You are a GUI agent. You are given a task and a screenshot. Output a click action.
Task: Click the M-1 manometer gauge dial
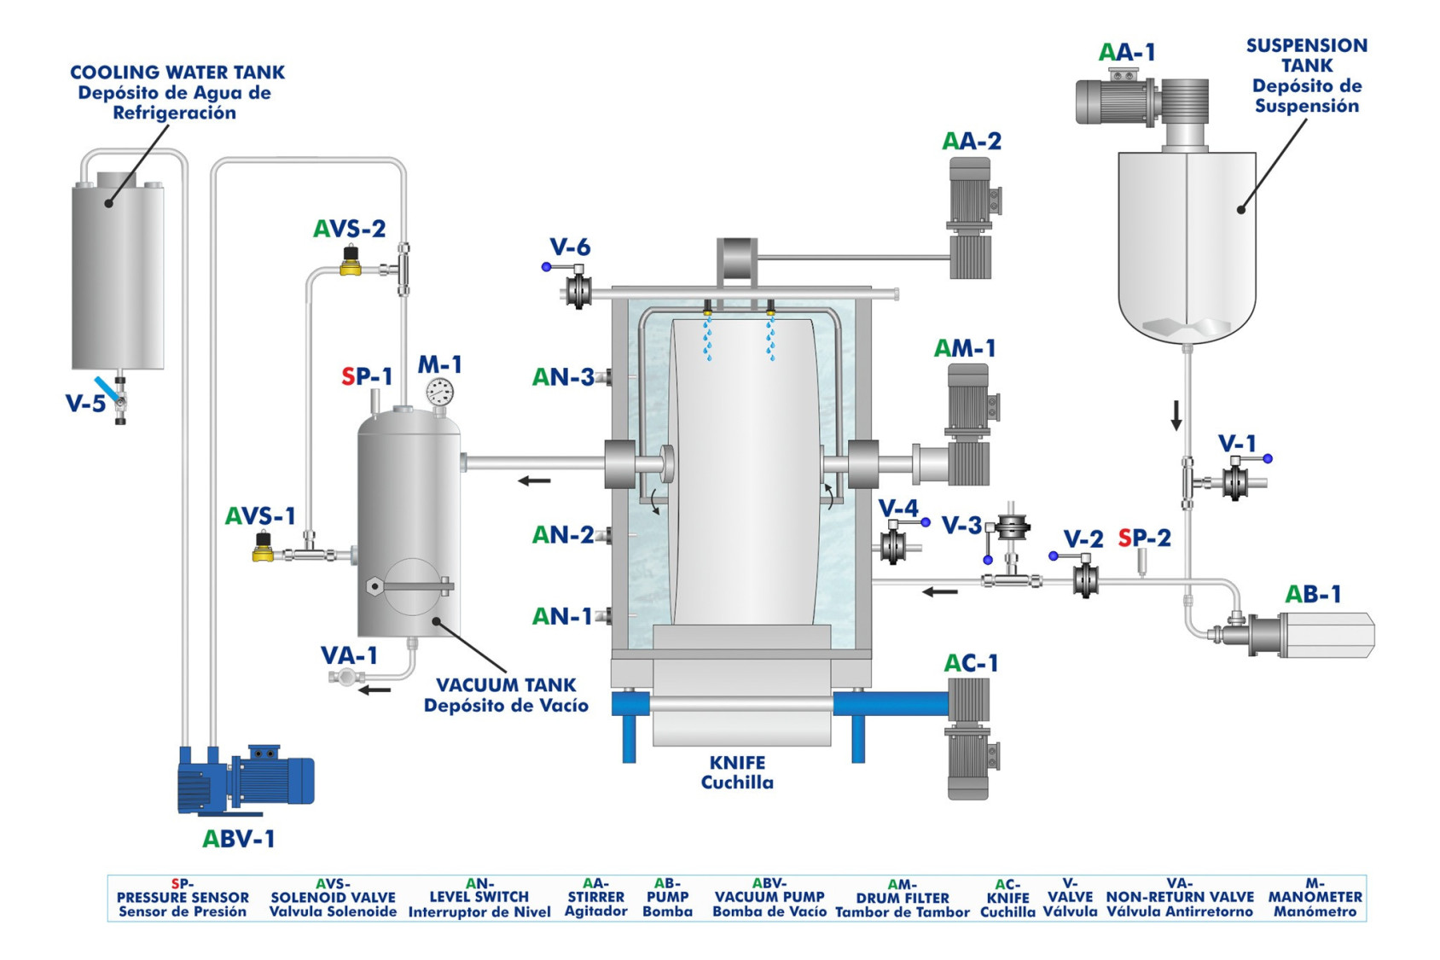(439, 393)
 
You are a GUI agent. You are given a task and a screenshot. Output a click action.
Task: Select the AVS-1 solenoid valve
(264, 547)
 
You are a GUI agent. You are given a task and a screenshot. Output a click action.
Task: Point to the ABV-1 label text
(238, 840)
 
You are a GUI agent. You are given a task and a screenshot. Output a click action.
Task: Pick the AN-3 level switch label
(563, 377)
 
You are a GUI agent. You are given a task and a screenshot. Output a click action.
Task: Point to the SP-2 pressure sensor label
(1144, 538)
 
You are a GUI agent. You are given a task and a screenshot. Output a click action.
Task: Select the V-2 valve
(1084, 579)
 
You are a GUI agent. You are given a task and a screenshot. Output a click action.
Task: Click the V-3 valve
(1011, 529)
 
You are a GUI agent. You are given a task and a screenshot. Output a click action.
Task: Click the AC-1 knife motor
(969, 738)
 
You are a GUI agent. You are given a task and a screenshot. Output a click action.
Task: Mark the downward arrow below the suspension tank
(1176, 415)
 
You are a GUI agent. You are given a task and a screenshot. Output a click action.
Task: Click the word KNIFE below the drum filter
(737, 763)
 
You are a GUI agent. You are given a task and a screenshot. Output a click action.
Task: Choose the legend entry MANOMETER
(1315, 897)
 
